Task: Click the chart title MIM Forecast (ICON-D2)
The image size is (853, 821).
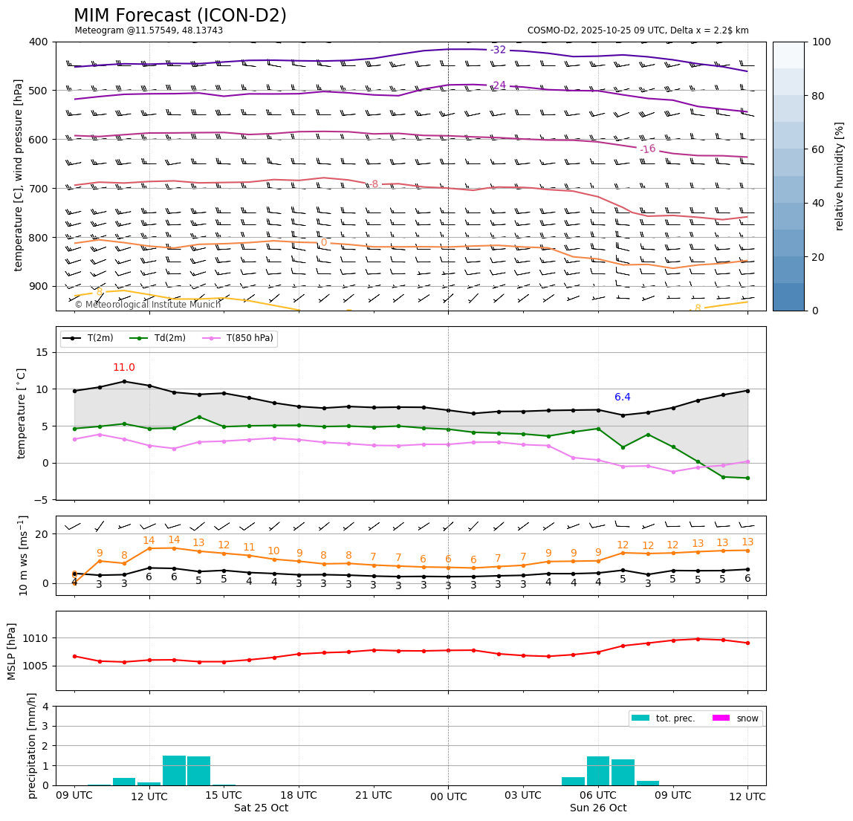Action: click(x=180, y=16)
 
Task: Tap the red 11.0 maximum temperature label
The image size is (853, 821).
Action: click(x=124, y=368)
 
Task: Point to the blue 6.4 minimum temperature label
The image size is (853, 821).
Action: click(x=623, y=397)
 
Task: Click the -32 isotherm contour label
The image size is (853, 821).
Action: click(x=498, y=50)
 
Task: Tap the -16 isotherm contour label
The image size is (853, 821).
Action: click(x=648, y=149)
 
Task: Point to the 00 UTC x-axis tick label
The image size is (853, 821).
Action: click(x=449, y=796)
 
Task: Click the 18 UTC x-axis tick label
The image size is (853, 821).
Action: click(x=299, y=796)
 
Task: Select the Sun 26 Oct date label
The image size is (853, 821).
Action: click(x=598, y=808)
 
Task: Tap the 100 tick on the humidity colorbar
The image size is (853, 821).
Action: click(x=822, y=42)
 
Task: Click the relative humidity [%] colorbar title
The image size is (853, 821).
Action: click(x=840, y=176)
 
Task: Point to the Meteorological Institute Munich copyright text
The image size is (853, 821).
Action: click(x=147, y=305)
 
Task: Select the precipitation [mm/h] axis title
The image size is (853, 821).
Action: click(x=32, y=745)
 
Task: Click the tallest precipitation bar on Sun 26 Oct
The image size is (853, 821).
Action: click(x=598, y=770)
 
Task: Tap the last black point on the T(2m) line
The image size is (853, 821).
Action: click(x=747, y=391)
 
